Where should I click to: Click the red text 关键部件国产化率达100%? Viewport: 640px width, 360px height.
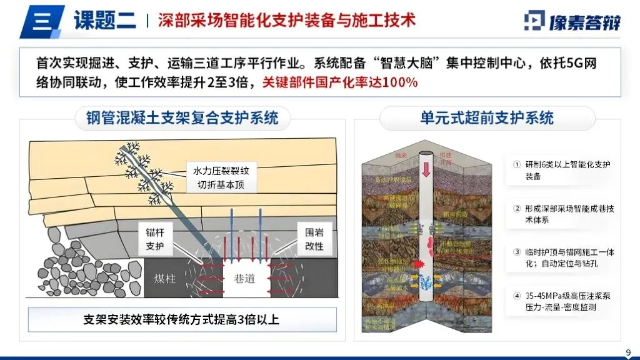[x=339, y=82]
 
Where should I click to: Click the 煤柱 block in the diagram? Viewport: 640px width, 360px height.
[x=166, y=279]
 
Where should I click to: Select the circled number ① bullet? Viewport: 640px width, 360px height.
[x=516, y=165]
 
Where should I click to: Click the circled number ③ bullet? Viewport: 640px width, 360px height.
[x=516, y=252]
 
